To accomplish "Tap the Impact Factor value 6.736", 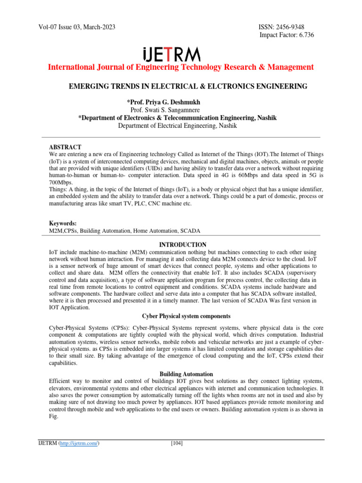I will [304, 35].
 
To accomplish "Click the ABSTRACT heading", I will [65, 147].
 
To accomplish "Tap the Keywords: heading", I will [63, 223].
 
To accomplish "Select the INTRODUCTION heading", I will [182, 245].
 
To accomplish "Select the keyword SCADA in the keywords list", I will [190, 230].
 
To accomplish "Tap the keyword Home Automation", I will [150, 230].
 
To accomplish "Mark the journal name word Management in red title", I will [290, 67].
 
